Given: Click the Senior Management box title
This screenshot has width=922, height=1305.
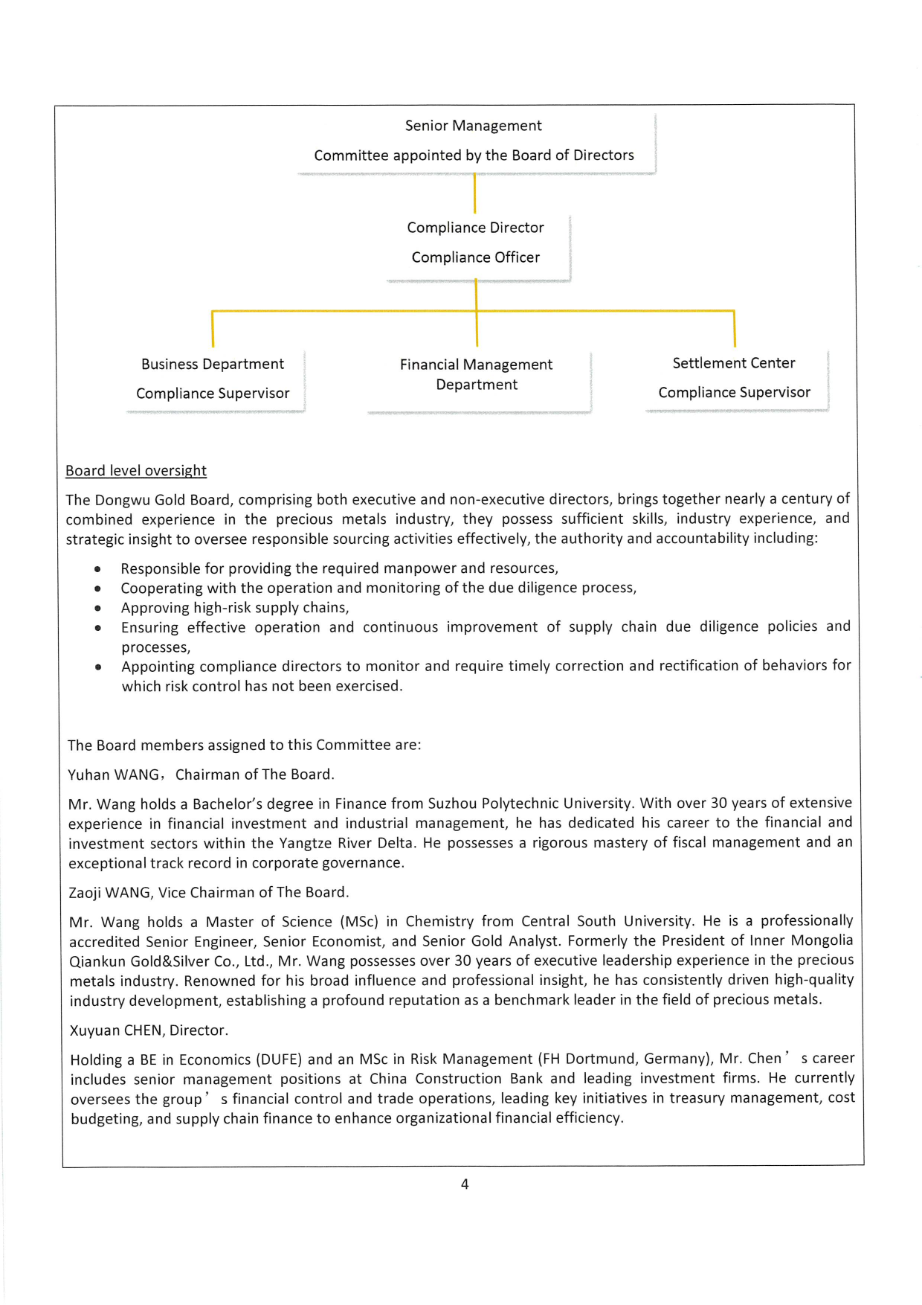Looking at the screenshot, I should [x=473, y=126].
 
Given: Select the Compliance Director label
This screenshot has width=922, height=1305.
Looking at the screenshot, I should [x=475, y=228].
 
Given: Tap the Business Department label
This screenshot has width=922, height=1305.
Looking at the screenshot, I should [x=213, y=364].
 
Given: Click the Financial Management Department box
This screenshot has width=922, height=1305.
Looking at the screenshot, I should [x=477, y=375].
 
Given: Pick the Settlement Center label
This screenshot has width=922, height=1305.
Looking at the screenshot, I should [x=734, y=363].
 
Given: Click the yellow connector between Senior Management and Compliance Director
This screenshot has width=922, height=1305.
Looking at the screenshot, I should [x=474, y=194].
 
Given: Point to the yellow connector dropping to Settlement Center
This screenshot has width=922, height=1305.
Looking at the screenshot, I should [x=734, y=329].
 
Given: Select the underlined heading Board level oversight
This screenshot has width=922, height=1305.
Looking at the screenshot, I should [x=136, y=471].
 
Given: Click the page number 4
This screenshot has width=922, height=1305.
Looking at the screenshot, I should [x=465, y=1184].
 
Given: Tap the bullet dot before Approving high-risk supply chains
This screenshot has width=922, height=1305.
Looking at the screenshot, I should [x=97, y=608].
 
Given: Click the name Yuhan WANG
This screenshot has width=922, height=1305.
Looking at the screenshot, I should [x=113, y=775].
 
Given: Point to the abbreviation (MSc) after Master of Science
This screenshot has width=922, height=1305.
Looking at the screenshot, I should [x=359, y=922].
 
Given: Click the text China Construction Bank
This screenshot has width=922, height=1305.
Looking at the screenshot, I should [x=457, y=1079].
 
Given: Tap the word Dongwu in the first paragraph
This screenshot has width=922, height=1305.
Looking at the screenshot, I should [x=123, y=500].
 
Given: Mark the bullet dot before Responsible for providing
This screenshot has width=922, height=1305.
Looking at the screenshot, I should [x=97, y=569].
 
